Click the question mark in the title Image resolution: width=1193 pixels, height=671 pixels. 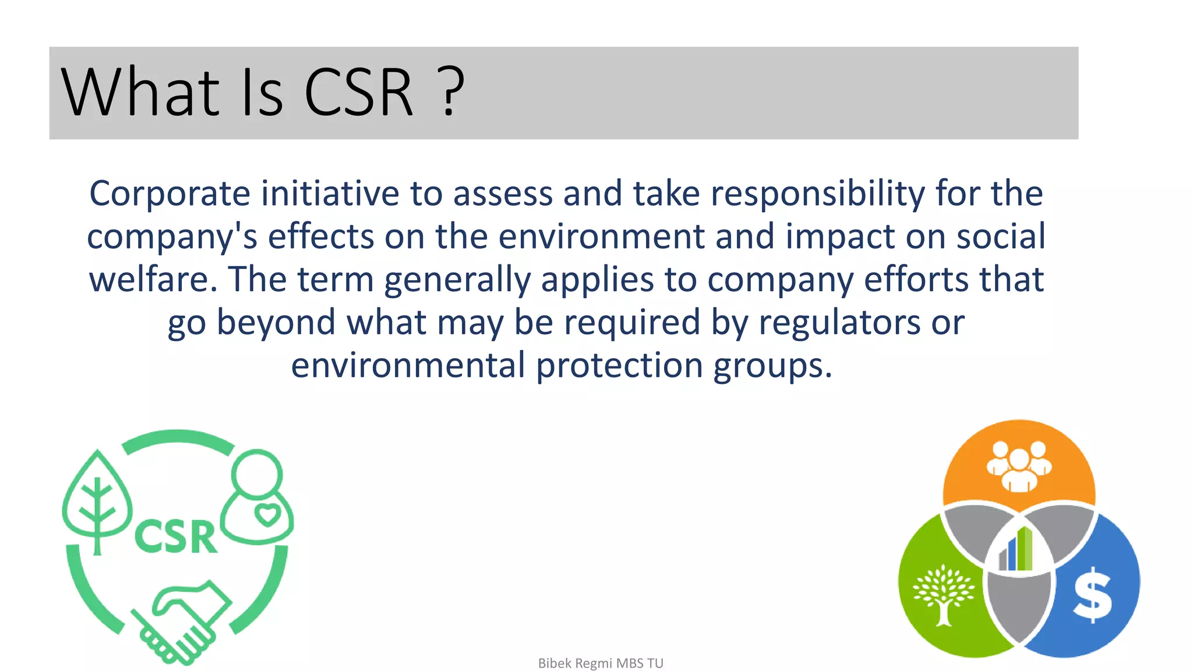[x=450, y=92]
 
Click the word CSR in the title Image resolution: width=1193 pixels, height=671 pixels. [x=358, y=92]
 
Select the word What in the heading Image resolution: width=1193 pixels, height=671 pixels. [x=140, y=92]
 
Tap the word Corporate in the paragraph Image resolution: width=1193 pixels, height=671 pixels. [x=170, y=193]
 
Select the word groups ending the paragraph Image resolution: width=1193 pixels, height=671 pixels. [x=772, y=366]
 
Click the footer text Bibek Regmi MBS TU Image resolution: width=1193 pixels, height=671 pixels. [x=601, y=663]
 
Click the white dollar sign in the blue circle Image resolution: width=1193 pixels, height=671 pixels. [x=1092, y=595]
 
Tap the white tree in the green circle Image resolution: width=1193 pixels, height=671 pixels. [x=943, y=595]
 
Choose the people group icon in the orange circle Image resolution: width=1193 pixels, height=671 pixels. [x=1019, y=466]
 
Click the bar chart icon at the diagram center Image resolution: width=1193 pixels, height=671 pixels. [x=1016, y=549]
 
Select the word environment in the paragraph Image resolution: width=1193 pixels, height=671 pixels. [x=602, y=236]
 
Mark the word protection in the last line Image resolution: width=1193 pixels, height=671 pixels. [x=619, y=366]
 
